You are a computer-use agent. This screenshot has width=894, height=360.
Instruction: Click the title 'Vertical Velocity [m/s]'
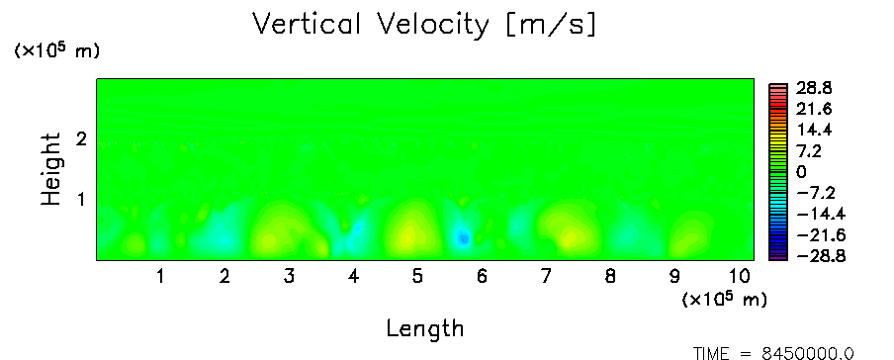[424, 25]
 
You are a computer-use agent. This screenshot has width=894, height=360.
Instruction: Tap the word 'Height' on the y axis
[51, 169]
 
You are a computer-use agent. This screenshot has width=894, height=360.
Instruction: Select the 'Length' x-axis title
[425, 328]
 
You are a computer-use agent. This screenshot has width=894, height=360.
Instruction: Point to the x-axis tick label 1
[161, 277]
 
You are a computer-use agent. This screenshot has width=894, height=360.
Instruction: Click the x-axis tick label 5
[418, 277]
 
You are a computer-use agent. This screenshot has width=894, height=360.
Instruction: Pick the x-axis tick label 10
[739, 277]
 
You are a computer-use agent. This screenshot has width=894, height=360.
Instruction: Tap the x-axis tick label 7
[546, 277]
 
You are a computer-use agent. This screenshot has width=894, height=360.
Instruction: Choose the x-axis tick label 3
[289, 277]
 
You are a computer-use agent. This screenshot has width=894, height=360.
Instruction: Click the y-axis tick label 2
[81, 138]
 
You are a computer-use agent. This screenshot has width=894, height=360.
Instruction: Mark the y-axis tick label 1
[81, 200]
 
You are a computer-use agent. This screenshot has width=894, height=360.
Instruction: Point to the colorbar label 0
[801, 172]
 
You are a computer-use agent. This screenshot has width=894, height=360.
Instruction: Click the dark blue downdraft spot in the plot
[464, 238]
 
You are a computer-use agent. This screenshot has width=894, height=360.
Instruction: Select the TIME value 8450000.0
[809, 353]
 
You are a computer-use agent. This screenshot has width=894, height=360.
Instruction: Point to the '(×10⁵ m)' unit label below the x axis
[724, 299]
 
